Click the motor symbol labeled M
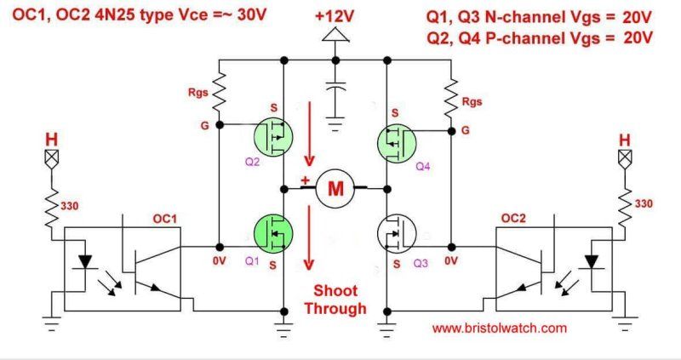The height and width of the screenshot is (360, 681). tap(335, 188)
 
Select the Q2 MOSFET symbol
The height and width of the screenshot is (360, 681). tap(273, 136)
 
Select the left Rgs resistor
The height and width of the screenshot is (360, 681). tap(220, 91)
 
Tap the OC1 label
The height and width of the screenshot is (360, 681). tap(163, 219)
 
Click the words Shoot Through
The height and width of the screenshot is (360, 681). tap(339, 300)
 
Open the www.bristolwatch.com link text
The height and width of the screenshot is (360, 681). tap(499, 327)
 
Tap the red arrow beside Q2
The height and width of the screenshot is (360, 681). tap(310, 136)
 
